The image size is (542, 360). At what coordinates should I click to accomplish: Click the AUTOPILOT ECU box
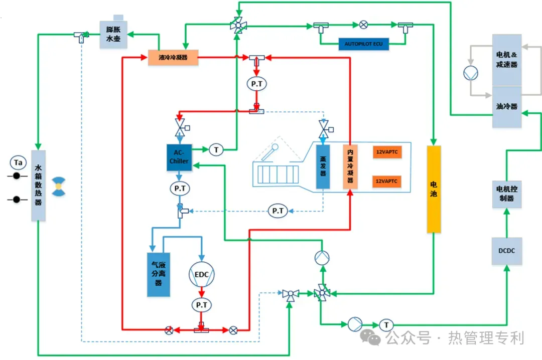363,44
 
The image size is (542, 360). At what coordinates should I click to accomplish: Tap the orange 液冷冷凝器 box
173,58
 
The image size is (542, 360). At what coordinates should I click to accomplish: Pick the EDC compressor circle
201,274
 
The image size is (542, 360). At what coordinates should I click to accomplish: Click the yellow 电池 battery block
434,190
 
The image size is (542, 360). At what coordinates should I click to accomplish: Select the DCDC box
507,251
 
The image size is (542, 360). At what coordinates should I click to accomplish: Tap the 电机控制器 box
507,194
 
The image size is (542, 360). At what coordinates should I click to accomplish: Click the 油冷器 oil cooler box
507,107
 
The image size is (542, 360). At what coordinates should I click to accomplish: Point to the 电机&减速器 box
507,60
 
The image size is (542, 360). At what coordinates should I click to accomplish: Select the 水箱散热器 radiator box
39,186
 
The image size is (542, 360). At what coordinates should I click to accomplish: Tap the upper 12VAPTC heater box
387,151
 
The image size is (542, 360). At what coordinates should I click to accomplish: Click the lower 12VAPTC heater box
387,181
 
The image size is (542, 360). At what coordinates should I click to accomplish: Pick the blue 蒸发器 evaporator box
323,166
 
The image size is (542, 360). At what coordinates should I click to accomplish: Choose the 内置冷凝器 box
350,166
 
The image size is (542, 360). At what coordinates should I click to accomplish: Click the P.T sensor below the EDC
201,304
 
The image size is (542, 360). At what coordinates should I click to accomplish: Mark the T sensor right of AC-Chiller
216,149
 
